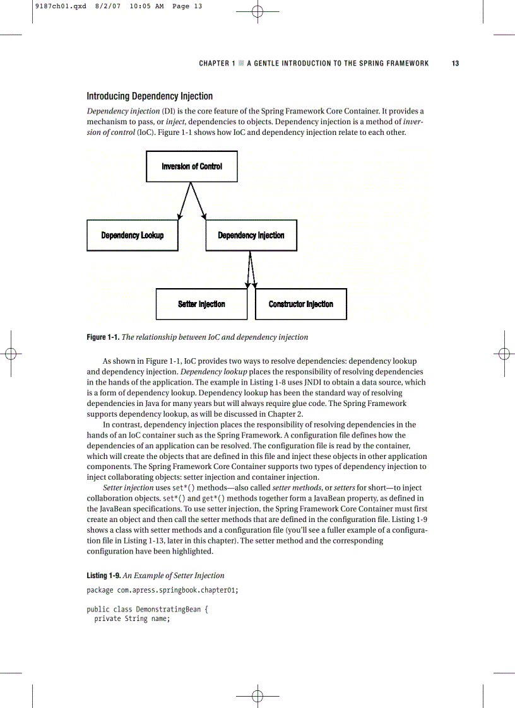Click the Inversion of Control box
coord(192,166)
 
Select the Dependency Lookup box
coord(133,235)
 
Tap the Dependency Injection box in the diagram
coord(251,235)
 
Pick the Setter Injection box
coord(201,304)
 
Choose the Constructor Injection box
coord(301,304)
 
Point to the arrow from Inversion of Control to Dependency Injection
coord(198,201)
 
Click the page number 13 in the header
coord(455,63)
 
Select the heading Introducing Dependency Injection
coord(150,96)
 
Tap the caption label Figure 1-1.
coord(103,337)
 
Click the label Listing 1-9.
coord(103,576)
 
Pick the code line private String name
coord(132,619)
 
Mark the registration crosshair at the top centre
coord(257,12)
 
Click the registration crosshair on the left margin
coord(10,354)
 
